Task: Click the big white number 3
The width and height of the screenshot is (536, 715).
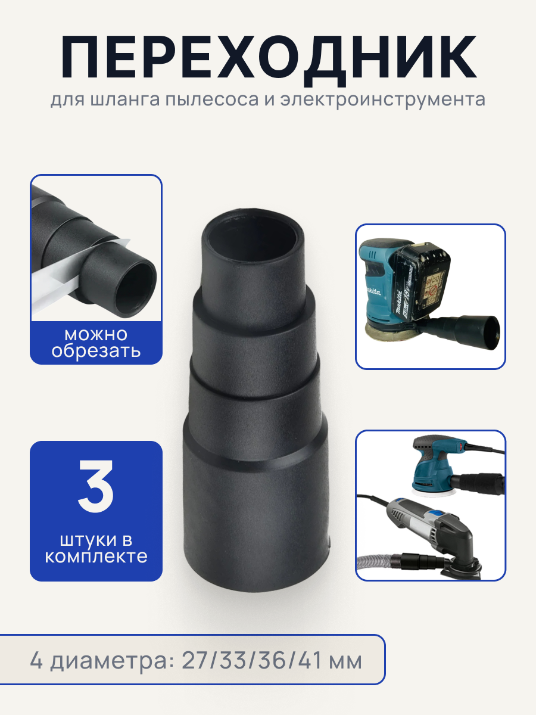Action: tap(96, 487)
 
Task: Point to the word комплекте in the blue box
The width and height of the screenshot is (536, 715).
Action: tap(96, 557)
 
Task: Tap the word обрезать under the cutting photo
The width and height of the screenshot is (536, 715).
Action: tap(96, 350)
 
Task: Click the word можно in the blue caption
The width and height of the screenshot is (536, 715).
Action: tap(96, 334)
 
